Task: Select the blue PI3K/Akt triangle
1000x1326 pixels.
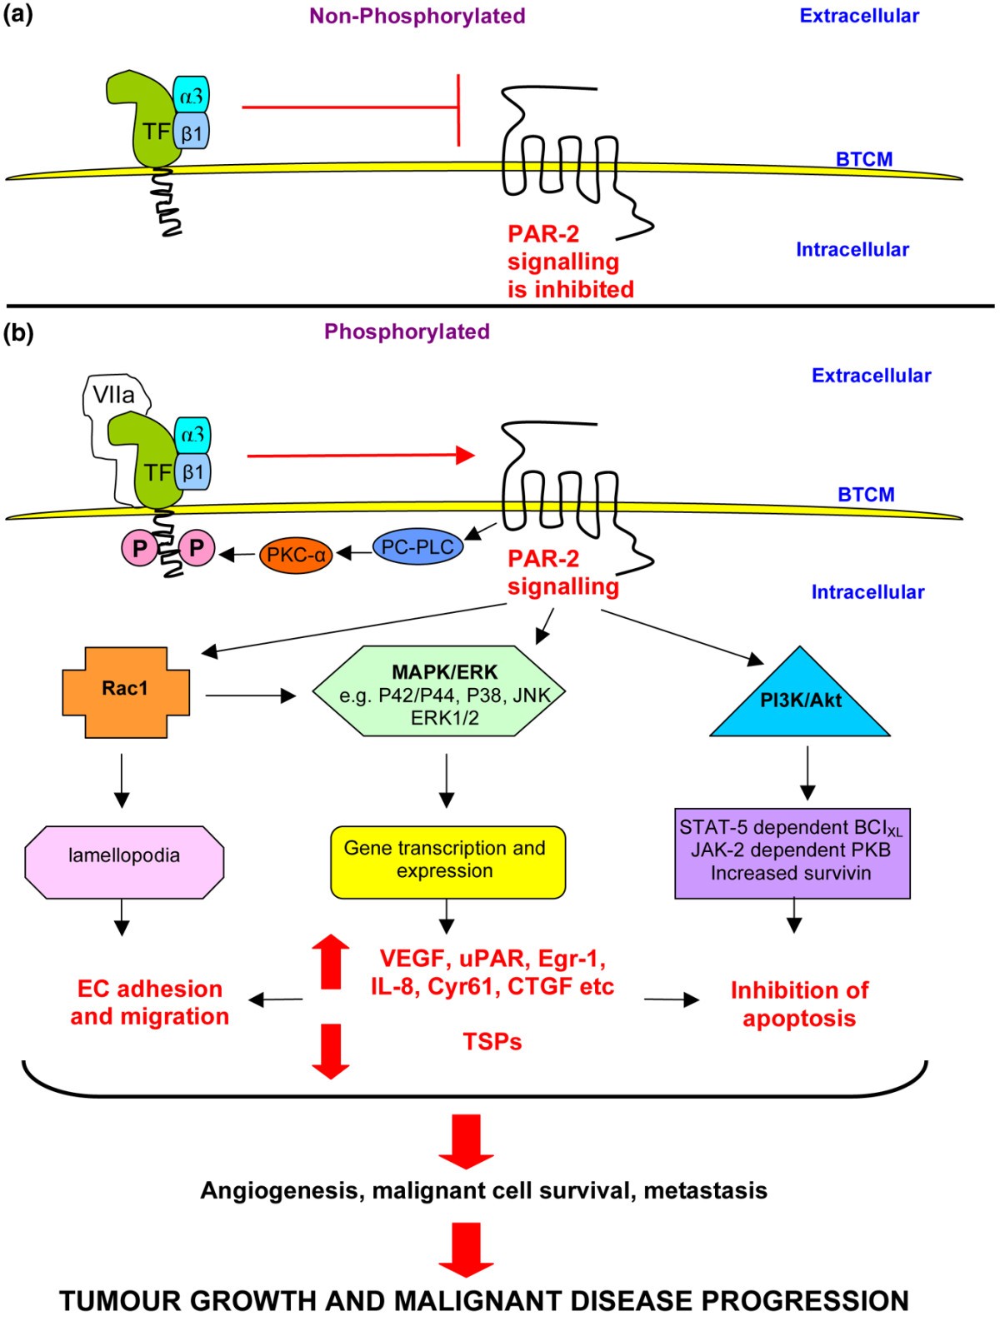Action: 800,705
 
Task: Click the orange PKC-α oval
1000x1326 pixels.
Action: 296,554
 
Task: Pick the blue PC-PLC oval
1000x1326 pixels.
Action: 417,547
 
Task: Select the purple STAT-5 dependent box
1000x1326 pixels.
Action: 792,853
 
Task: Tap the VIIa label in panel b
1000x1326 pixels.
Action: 113,395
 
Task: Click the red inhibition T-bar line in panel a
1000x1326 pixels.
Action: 350,107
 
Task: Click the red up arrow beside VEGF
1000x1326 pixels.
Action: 331,961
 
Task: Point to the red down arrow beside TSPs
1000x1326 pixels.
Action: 331,1052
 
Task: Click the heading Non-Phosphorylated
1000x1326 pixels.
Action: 417,16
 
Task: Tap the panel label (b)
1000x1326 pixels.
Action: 18,332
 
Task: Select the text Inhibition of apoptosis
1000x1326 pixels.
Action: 798,1004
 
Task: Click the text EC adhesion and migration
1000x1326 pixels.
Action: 150,1002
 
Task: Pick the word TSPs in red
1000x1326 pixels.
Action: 492,1041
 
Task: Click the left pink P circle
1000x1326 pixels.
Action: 139,548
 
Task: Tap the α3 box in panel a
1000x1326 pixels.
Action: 191,97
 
